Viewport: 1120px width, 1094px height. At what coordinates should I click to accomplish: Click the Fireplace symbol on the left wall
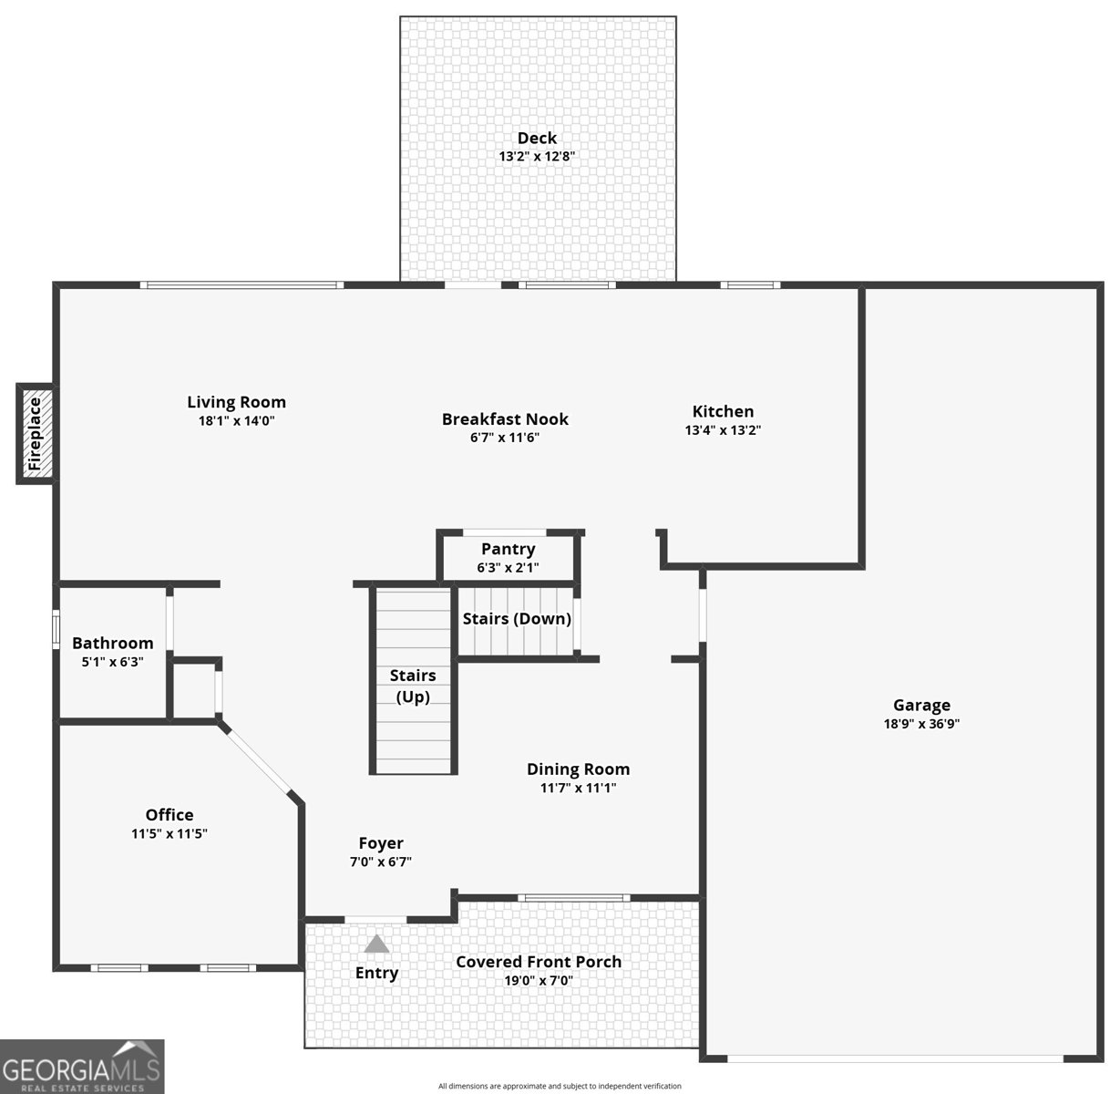pyautogui.click(x=36, y=434)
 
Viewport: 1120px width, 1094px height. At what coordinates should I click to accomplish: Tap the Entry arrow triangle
pyautogui.click(x=376, y=944)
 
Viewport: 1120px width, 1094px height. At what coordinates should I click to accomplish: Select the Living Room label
pyautogui.click(x=236, y=402)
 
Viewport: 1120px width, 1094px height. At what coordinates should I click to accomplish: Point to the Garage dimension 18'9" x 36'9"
pyautogui.click(x=921, y=724)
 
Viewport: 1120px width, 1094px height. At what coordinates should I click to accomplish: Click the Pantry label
pyautogui.click(x=508, y=549)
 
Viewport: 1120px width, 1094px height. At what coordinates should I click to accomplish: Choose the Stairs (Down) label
pyautogui.click(x=517, y=619)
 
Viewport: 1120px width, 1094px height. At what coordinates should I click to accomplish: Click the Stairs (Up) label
pyautogui.click(x=413, y=686)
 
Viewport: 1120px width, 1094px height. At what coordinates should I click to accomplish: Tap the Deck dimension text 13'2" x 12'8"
pyautogui.click(x=537, y=156)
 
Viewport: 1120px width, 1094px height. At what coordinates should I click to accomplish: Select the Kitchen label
pyautogui.click(x=723, y=411)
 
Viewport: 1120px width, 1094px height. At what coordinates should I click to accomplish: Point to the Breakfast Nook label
pyautogui.click(x=505, y=419)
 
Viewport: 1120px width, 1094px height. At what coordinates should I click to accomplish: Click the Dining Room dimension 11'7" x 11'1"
pyautogui.click(x=578, y=788)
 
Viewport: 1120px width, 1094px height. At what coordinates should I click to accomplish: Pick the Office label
pyautogui.click(x=170, y=815)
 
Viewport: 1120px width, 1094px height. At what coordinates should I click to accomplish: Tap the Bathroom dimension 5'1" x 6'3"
pyautogui.click(x=113, y=662)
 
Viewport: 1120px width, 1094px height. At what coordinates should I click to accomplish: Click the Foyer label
pyautogui.click(x=380, y=843)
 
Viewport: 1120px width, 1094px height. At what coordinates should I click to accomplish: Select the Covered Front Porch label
pyautogui.click(x=539, y=962)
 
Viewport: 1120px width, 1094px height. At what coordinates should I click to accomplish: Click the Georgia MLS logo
pyautogui.click(x=82, y=1067)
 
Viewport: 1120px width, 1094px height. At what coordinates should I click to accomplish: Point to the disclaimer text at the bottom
pyautogui.click(x=560, y=1086)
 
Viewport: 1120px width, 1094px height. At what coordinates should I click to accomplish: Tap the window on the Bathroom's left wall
pyautogui.click(x=56, y=630)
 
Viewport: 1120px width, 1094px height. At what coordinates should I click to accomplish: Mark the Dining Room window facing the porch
pyautogui.click(x=573, y=898)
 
